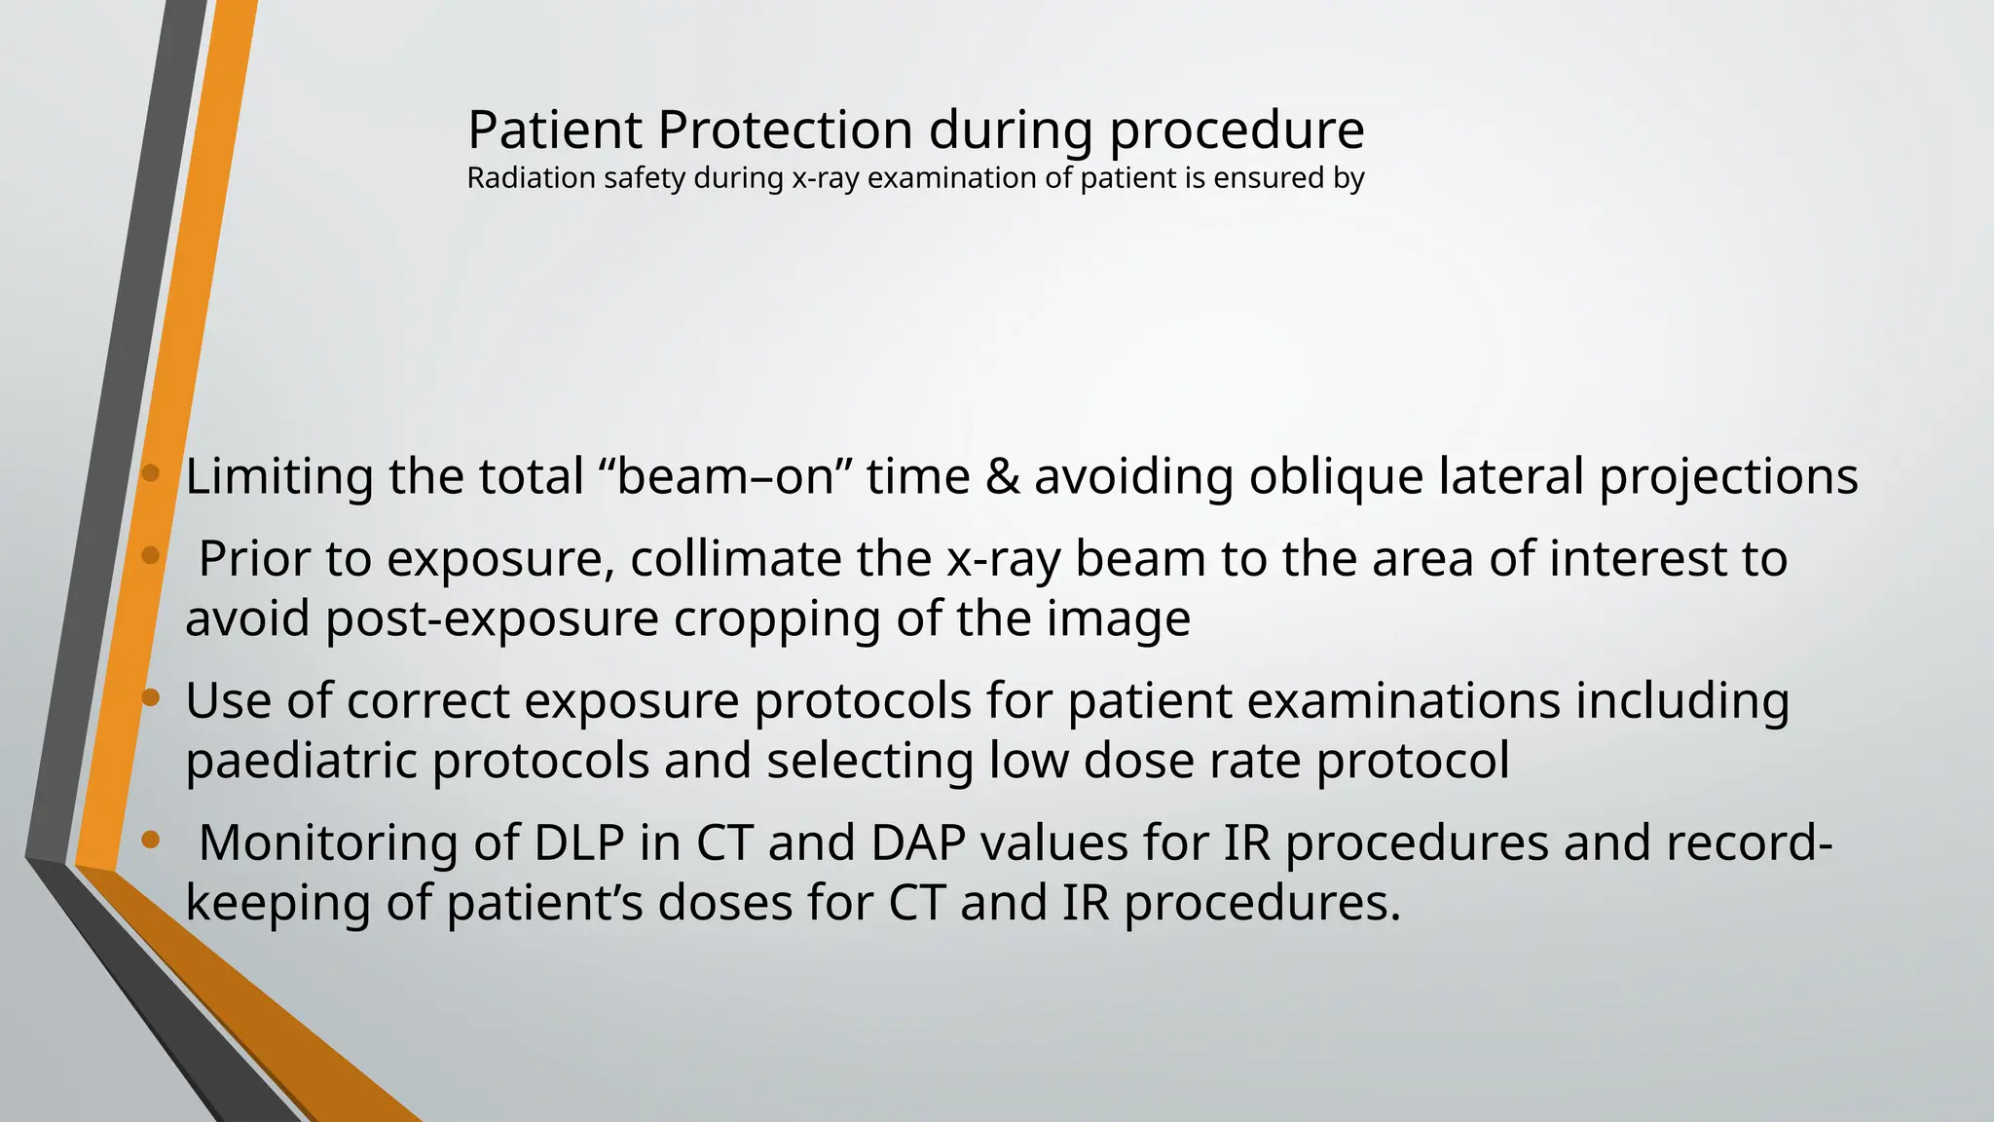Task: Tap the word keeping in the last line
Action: pyautogui.click(x=277, y=904)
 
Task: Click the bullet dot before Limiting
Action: pyautogui.click(x=150, y=474)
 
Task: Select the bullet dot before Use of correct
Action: pyautogui.click(x=150, y=697)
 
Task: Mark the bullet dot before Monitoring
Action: pyautogui.click(x=150, y=840)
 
